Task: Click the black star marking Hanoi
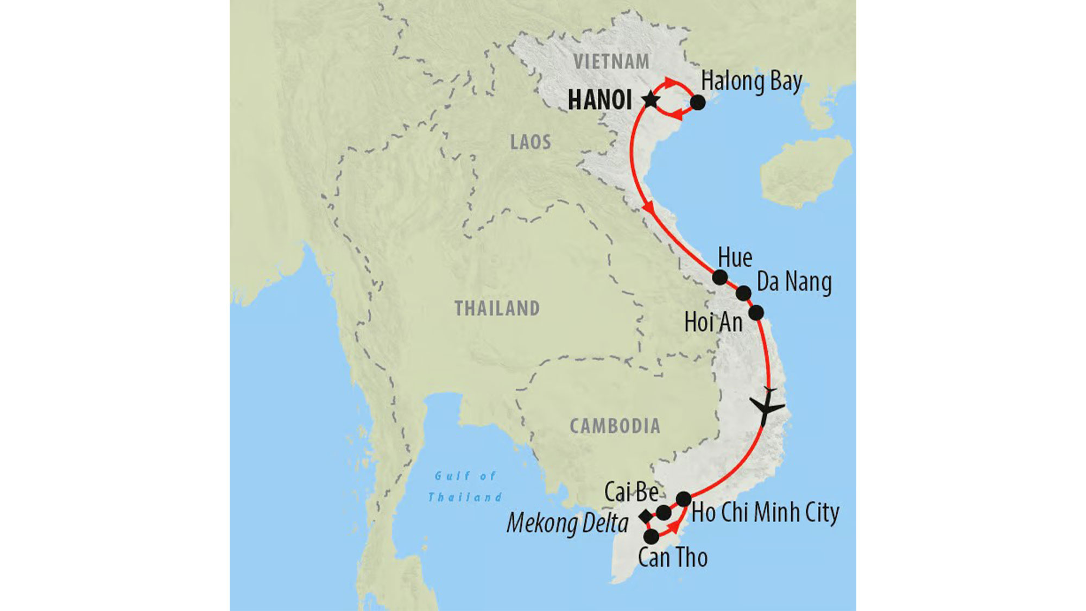coord(651,100)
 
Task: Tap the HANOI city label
coord(600,100)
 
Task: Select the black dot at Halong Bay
coord(698,102)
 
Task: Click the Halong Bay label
coord(752,81)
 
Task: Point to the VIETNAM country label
coord(611,62)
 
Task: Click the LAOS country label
coord(531,142)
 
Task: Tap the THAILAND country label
coord(497,308)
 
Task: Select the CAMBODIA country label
coord(615,426)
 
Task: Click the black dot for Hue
coord(720,278)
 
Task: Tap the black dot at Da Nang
coord(743,294)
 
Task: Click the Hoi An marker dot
coord(756,313)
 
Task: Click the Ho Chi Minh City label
coord(765,513)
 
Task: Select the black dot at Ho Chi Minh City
coord(684,499)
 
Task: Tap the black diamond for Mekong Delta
coord(646,516)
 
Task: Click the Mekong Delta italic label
coord(567,524)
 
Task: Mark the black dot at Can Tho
coord(651,537)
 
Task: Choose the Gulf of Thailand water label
coord(465,487)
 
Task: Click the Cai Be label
coord(631,492)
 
